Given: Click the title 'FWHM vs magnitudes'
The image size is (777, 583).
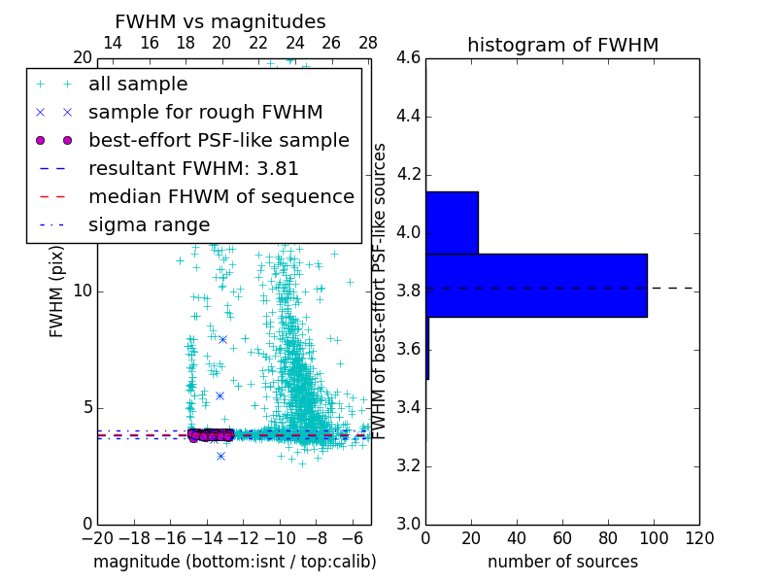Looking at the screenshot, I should (220, 21).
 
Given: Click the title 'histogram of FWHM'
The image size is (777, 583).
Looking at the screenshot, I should (562, 45).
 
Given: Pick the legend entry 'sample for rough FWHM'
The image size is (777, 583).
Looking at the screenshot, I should (205, 113).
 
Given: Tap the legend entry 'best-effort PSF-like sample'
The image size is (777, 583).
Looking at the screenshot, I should (219, 141).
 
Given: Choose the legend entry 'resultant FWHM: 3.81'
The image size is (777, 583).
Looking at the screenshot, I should (193, 169).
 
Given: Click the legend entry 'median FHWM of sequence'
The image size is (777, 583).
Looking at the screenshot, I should (220, 197).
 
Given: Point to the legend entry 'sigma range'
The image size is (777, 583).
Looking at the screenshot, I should (149, 225).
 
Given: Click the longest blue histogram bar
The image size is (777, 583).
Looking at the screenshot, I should (536, 285).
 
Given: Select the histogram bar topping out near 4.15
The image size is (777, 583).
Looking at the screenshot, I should (452, 223).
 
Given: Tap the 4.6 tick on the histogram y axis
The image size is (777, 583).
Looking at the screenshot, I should (408, 58).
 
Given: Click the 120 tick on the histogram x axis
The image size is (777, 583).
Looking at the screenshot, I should (698, 537).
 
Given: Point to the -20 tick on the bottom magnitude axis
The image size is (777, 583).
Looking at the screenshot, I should (97, 537).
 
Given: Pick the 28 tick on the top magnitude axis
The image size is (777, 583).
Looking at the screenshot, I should (368, 43).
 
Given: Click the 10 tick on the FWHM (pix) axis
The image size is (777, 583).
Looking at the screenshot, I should (83, 291).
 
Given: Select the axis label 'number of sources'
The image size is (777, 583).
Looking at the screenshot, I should (562, 562).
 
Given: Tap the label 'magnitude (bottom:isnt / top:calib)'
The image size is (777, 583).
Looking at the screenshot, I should (234, 562).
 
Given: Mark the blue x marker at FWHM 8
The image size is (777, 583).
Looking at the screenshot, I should (222, 339).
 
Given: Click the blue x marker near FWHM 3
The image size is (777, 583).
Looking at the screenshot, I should (220, 456).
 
